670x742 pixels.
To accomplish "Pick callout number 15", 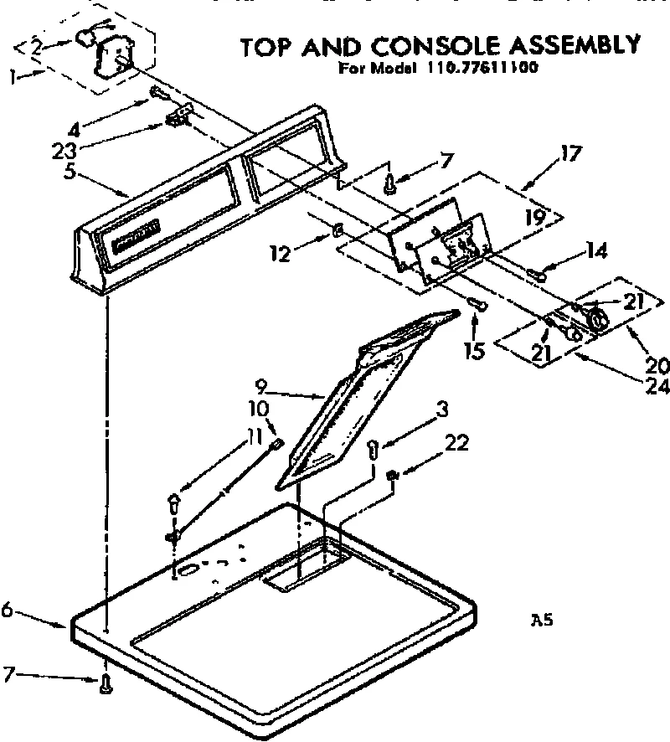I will pyautogui.click(x=475, y=349).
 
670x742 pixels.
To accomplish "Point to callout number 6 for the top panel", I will pyautogui.click(x=7, y=611).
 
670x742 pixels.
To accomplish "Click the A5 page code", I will pyautogui.click(x=541, y=621).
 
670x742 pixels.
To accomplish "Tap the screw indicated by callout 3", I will pyautogui.click(x=374, y=451).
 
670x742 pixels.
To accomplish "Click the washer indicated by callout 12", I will pyautogui.click(x=337, y=230).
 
